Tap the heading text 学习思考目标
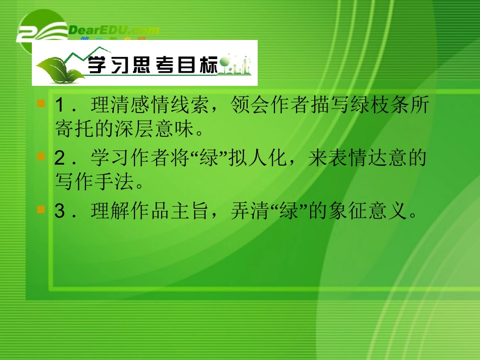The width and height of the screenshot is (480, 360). point(152,66)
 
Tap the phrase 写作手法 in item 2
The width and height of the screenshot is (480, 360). point(90,182)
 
